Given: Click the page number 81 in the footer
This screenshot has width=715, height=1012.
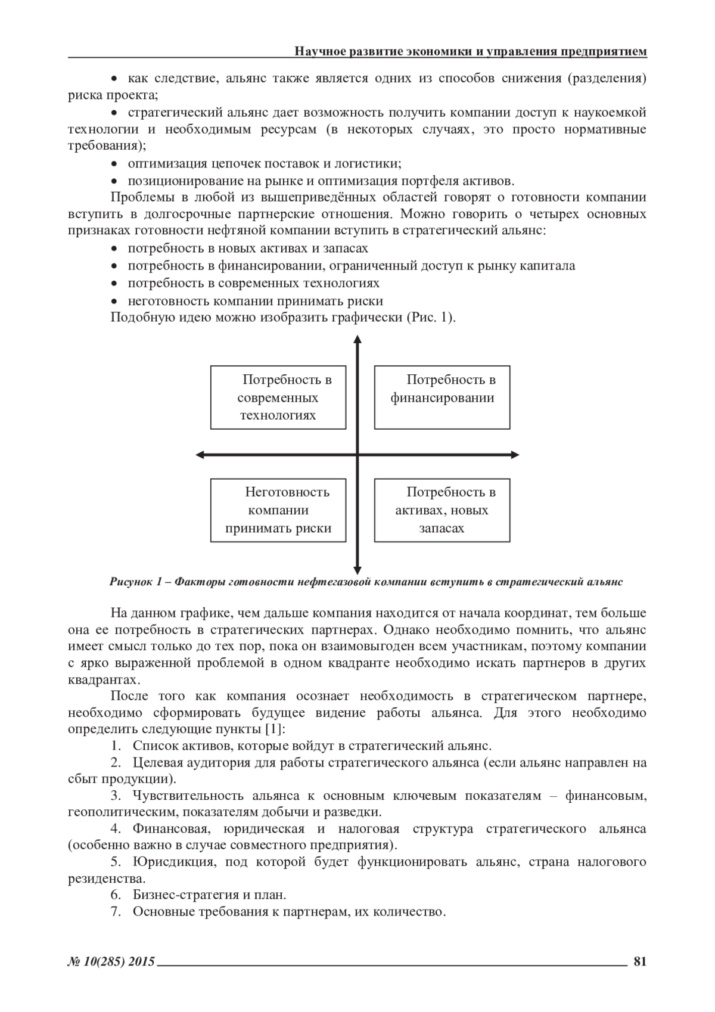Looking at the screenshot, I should click(640, 961).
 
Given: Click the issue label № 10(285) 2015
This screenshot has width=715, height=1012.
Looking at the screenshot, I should click(111, 961).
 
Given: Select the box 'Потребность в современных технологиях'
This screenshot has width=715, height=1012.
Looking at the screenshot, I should click(278, 398).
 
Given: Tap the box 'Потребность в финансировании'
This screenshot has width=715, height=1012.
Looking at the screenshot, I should click(442, 398).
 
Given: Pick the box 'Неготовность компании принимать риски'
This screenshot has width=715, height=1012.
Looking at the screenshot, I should click(278, 510).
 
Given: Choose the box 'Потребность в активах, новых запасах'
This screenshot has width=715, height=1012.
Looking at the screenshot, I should click(442, 510).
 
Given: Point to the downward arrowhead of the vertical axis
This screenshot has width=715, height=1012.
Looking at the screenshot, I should click(357, 569).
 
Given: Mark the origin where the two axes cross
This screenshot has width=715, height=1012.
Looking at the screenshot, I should click(357, 455).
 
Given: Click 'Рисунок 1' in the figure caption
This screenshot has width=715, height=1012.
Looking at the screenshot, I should click(132, 582).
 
